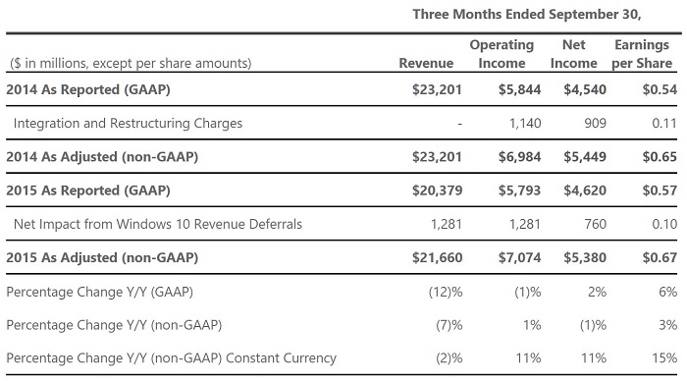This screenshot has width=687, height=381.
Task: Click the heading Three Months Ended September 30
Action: click(x=527, y=14)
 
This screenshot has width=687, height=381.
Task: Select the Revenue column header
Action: click(x=426, y=63)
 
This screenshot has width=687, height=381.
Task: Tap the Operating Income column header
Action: click(x=502, y=54)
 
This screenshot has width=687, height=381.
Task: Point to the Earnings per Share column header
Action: click(x=642, y=54)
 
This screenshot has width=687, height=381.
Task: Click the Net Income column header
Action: click(x=573, y=54)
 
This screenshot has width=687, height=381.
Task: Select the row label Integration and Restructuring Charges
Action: click(x=128, y=123)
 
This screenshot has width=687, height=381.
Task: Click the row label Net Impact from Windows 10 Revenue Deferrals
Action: click(x=158, y=224)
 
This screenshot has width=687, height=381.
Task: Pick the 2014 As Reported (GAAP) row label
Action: click(x=88, y=89)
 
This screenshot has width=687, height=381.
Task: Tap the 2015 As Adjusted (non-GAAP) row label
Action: click(x=102, y=257)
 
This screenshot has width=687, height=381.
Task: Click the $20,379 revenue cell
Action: click(x=438, y=190)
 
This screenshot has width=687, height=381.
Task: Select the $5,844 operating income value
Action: click(x=519, y=89)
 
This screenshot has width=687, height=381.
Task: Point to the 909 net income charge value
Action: click(x=595, y=123)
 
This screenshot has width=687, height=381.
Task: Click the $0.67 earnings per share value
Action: click(x=660, y=257)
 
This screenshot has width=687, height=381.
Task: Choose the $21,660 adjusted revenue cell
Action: click(x=438, y=257)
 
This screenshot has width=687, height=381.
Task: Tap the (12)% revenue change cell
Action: click(x=446, y=292)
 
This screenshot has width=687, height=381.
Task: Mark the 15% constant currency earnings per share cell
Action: click(x=664, y=358)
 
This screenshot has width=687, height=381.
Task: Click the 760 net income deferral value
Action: click(x=595, y=224)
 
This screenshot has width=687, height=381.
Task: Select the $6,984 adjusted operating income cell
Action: click(x=519, y=156)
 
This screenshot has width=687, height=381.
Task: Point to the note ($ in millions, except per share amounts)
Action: click(x=131, y=63)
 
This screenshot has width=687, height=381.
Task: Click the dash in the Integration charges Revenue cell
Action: click(x=459, y=124)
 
